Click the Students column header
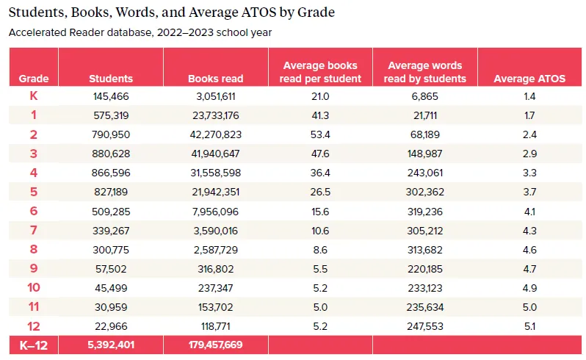(x=111, y=79)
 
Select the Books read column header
(x=215, y=79)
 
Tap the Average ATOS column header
(x=529, y=79)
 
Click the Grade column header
(x=34, y=79)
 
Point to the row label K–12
(x=34, y=344)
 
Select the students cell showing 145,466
(x=111, y=97)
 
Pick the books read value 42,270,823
(x=215, y=135)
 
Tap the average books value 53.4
(x=321, y=135)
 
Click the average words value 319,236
(x=425, y=212)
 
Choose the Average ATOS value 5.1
(x=529, y=326)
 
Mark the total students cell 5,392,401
(x=111, y=344)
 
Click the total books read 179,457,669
(x=215, y=344)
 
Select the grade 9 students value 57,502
(x=111, y=269)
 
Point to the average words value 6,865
(x=425, y=97)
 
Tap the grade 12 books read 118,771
(x=215, y=326)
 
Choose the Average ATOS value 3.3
(x=529, y=173)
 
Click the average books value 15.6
(x=321, y=212)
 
